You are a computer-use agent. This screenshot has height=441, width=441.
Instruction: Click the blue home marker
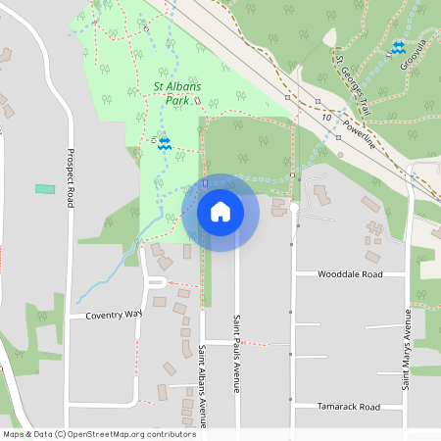220,211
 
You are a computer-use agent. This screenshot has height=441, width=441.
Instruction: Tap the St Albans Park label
177,93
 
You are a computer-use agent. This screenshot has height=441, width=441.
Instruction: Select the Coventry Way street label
114,315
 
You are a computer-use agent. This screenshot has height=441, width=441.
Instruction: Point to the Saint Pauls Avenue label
236,353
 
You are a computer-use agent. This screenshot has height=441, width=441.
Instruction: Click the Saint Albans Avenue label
203,385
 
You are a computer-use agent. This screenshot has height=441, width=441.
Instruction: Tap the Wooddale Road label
350,275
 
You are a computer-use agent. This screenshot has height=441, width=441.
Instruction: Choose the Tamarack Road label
348,406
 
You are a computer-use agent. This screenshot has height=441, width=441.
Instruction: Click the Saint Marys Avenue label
405,350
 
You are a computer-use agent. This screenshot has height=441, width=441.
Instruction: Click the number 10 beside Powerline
324,117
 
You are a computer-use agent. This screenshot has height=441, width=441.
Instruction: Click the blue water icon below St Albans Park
165,143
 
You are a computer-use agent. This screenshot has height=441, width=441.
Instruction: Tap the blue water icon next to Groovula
398,47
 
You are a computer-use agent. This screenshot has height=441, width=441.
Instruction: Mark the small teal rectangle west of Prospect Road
44,188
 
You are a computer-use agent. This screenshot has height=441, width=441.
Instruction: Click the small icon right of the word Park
197,101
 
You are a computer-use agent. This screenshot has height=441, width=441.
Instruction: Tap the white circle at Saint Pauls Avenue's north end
293,208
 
